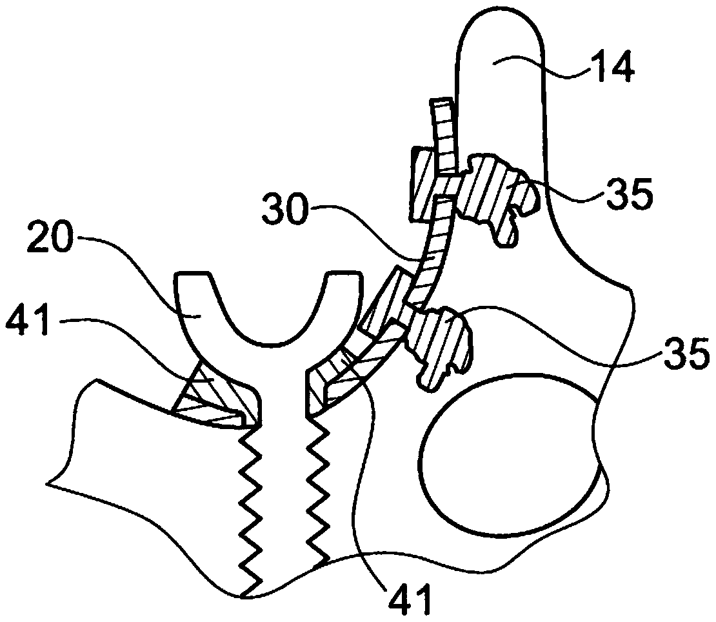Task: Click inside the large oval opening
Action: pos(510,456)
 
